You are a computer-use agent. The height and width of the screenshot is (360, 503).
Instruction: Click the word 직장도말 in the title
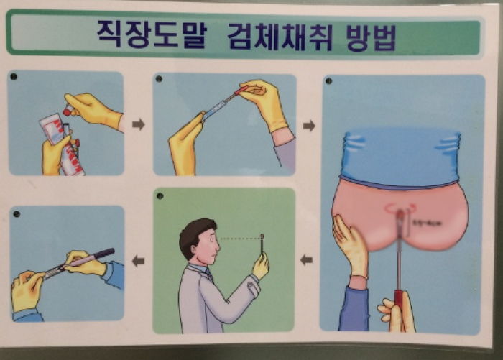(147, 33)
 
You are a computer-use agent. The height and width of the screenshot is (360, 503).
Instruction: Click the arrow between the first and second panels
(139, 124)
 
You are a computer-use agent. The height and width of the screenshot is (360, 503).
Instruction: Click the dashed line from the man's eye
(240, 239)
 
